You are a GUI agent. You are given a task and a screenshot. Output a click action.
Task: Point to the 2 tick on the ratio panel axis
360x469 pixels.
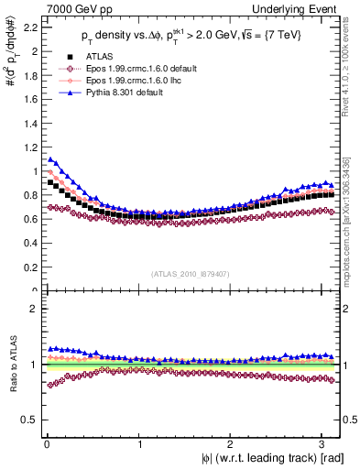(x=30, y=309)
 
